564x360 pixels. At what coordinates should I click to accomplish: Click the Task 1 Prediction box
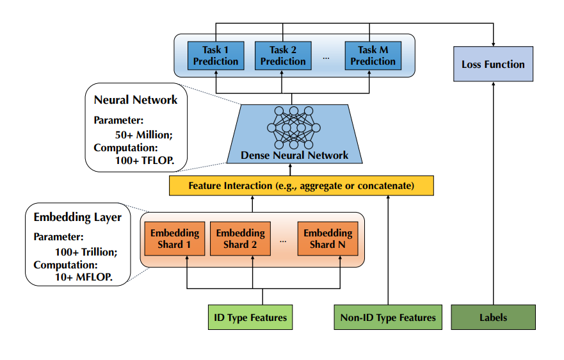[x=216, y=56]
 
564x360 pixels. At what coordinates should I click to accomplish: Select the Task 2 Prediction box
[x=282, y=56]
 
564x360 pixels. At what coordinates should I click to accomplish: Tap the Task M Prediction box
[x=373, y=56]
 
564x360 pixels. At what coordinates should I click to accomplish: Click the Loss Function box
[x=493, y=64]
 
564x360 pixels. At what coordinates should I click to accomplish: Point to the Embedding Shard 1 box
[x=175, y=238]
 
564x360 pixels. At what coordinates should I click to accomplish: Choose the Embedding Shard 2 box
[x=241, y=238]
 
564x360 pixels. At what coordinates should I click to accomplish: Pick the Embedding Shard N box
[x=328, y=238]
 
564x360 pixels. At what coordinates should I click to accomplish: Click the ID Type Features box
[x=250, y=317]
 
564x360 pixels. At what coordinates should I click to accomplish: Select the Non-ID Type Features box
[x=388, y=317]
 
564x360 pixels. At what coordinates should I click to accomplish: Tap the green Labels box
[x=493, y=317]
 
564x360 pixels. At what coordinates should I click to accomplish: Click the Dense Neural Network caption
[x=294, y=155]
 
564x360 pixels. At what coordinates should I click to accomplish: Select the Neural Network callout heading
[x=136, y=100]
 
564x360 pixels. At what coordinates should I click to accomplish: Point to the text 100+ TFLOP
[x=145, y=160]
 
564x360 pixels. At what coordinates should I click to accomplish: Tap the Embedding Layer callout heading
[x=77, y=217]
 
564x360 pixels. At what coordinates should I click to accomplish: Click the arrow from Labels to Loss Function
[x=493, y=192]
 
